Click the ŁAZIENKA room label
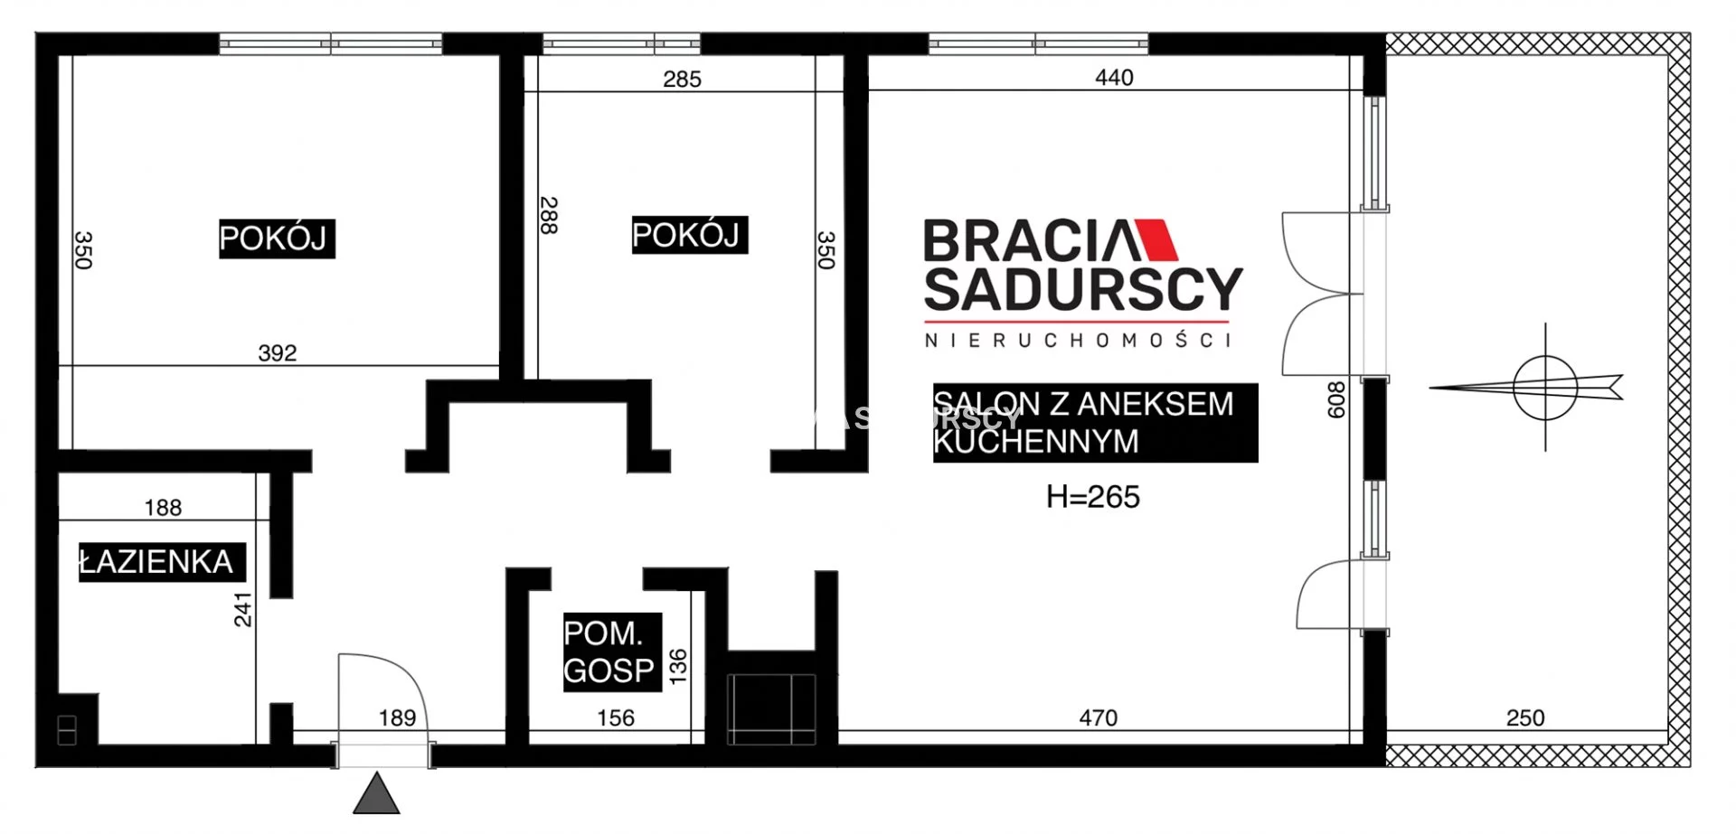(x=156, y=562)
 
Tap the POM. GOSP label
(x=609, y=651)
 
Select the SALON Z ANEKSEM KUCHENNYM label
(x=1083, y=422)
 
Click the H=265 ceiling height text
(x=1092, y=497)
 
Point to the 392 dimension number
(x=277, y=353)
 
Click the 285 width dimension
(x=682, y=80)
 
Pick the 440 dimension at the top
(x=1114, y=78)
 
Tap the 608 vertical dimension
(x=1335, y=399)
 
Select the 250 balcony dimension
(x=1525, y=718)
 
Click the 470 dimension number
(x=1098, y=718)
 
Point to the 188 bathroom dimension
(x=163, y=508)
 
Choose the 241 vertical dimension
(x=243, y=610)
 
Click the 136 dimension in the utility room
(x=677, y=666)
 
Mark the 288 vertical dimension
(x=548, y=216)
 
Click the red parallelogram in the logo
(x=1158, y=239)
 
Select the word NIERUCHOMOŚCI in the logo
(x=1078, y=341)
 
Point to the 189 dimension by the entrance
(x=397, y=718)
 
